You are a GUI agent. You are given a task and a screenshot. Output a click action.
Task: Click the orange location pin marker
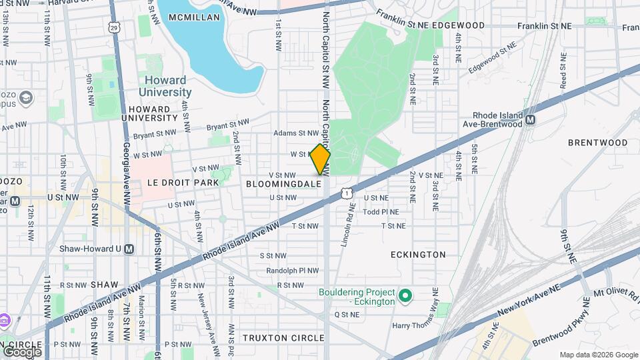[321, 159]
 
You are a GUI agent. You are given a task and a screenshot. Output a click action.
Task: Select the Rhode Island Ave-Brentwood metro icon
[531, 120]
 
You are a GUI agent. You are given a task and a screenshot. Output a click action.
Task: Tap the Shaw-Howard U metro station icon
[129, 249]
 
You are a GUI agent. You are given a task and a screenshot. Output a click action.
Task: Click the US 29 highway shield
[115, 27]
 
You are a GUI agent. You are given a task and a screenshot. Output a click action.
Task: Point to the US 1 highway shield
[345, 193]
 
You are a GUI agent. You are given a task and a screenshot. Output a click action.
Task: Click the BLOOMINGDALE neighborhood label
[284, 183]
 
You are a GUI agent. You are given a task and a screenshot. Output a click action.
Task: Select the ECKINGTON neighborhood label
[418, 255]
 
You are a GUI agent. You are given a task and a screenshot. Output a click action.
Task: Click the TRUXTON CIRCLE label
[283, 338]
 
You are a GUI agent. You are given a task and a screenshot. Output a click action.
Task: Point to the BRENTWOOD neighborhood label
[597, 143]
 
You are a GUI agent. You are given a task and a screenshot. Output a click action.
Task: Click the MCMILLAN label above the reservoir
[194, 17]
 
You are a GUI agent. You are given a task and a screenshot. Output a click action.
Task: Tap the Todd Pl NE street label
[381, 212]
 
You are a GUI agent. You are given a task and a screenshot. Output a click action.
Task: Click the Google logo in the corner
[22, 351]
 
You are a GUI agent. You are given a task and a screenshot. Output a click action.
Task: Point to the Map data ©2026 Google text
[598, 355]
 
